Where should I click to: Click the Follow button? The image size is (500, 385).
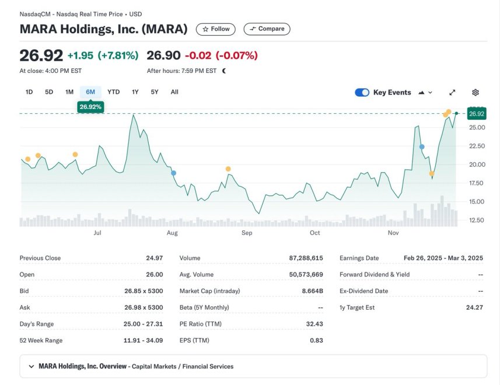click(x=216, y=29)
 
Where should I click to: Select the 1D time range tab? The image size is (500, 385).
click(x=29, y=92)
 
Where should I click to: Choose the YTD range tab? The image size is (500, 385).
click(x=113, y=92)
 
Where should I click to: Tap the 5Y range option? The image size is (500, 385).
click(x=155, y=92)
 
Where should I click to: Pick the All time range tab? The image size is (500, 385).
click(x=174, y=92)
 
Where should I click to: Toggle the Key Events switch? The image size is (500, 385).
click(x=362, y=93)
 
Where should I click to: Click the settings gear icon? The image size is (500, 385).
click(x=475, y=93)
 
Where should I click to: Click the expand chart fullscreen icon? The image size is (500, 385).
click(x=452, y=93)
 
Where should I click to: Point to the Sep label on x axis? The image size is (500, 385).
click(x=247, y=233)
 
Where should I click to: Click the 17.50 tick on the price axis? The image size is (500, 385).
click(x=477, y=183)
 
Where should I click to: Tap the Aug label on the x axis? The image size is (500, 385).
click(x=172, y=233)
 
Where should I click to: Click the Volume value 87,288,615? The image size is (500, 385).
click(x=306, y=258)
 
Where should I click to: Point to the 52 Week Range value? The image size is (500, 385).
click(x=144, y=341)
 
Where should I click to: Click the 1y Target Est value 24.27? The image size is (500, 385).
click(x=473, y=307)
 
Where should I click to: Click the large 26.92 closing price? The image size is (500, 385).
click(x=41, y=56)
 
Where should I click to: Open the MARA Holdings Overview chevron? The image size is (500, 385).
click(x=31, y=367)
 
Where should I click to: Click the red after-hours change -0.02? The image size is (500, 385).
click(x=197, y=56)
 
